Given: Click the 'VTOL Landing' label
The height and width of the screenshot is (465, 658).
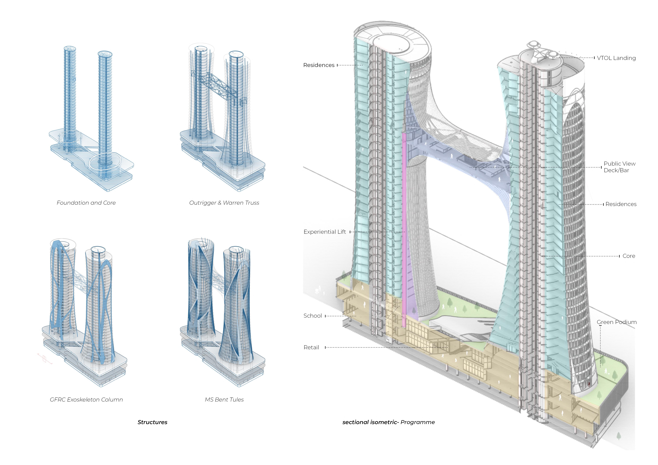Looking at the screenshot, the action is click(616, 58).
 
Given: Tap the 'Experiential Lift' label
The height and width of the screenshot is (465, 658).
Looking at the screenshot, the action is click(325, 232).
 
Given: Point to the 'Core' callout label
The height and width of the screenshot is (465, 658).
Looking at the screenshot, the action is click(629, 256).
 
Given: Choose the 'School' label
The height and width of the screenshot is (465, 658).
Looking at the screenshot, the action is click(313, 316).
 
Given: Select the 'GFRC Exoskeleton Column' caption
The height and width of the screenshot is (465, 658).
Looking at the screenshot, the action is click(86, 400).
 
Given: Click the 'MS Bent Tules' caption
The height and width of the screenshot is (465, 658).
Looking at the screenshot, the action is click(224, 400).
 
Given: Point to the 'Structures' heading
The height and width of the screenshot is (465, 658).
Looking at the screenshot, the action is click(153, 422).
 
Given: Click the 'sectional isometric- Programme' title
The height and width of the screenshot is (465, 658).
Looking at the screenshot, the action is click(389, 422).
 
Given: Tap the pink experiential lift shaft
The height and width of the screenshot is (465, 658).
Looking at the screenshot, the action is click(404, 229).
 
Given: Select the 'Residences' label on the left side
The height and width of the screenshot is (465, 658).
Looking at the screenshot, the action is click(319, 65).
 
